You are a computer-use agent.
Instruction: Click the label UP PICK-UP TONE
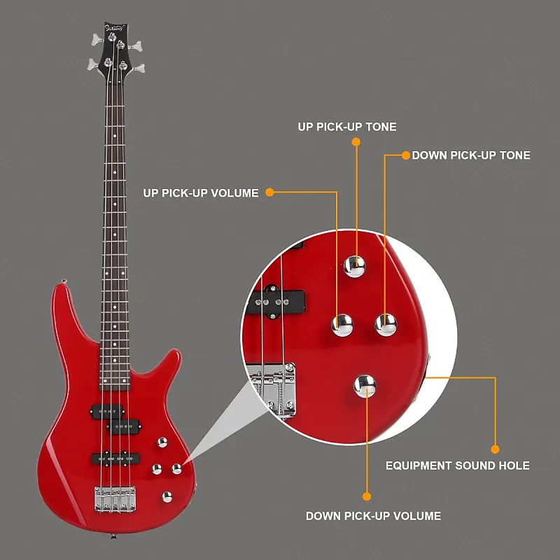coord(346,127)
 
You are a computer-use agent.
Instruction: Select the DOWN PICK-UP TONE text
coord(470,155)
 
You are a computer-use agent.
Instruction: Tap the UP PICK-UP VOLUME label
coord(201,192)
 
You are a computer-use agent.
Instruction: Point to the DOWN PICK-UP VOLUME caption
coord(373,516)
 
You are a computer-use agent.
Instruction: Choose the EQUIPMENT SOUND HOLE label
coord(458,465)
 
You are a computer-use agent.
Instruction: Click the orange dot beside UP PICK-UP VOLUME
coord(269,192)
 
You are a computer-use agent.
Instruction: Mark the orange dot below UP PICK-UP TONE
coord(356,141)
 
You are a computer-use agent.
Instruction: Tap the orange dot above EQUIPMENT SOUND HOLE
coord(496,449)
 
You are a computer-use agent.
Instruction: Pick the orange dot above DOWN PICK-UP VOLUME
coord(365,496)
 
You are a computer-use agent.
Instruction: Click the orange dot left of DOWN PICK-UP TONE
coord(405,155)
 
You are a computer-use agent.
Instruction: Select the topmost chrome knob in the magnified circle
coord(355,265)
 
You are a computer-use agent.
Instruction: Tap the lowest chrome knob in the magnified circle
coord(365,385)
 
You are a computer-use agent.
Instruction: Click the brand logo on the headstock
coord(113,29)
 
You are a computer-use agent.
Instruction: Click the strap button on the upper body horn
coord(64,282)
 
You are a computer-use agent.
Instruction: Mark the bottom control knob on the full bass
coord(167,496)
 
